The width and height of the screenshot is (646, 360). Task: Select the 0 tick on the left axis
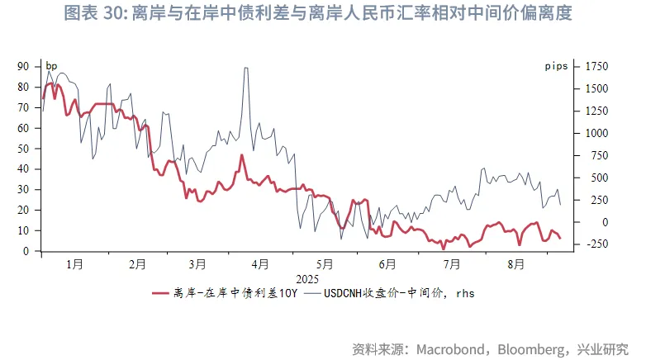27,251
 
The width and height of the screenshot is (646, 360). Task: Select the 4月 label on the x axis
260,264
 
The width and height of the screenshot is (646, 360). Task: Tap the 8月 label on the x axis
516,264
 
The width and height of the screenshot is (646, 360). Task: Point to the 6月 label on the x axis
387,264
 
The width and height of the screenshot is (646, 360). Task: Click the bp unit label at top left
51,66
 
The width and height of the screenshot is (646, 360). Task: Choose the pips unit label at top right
556,66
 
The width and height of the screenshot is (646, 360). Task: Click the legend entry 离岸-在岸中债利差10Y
235,292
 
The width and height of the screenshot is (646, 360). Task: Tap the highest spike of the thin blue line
245,68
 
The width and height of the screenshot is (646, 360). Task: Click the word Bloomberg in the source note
525,348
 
